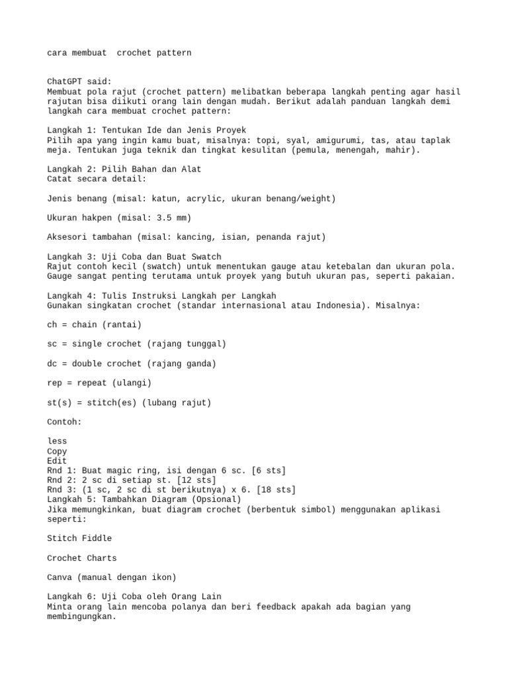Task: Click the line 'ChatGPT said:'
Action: [79, 81]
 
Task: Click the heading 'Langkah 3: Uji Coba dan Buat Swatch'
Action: [134, 257]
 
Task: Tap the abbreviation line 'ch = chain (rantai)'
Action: [95, 325]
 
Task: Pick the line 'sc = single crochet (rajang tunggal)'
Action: [137, 344]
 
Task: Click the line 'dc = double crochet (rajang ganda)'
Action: [132, 363]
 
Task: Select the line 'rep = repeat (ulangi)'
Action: [99, 383]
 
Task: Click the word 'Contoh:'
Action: [65, 422]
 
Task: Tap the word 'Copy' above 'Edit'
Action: [58, 452]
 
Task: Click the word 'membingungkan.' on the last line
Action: [82, 616]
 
